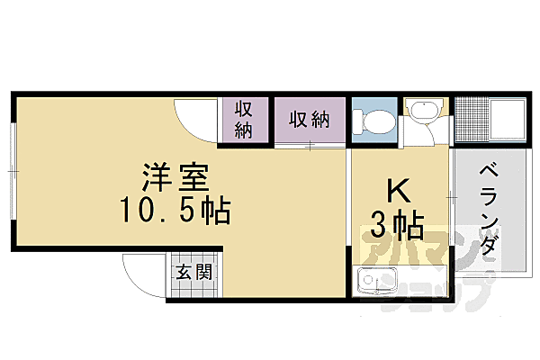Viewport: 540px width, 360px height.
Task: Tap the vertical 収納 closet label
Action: click(x=244, y=118)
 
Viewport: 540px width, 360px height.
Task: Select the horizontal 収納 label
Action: click(x=308, y=118)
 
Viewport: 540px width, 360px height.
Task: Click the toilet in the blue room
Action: click(x=373, y=120)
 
